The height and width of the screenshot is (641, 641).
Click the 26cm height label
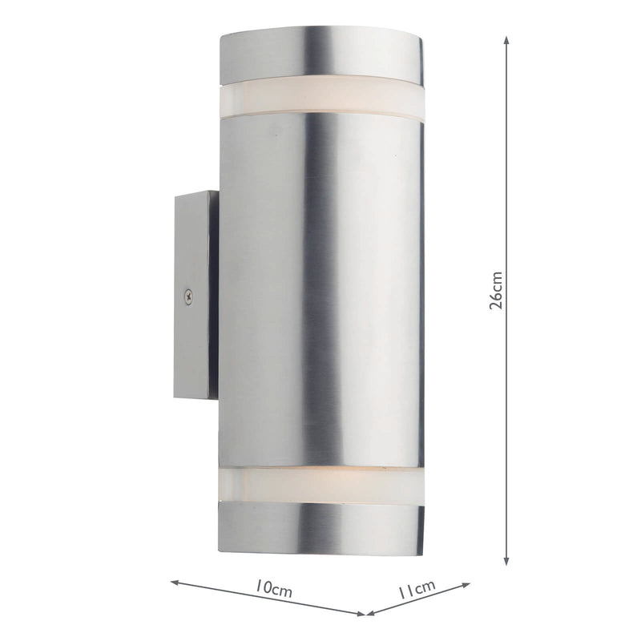[497, 289]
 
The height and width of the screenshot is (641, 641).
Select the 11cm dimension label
[417, 591]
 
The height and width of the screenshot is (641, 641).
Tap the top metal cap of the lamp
[320, 56]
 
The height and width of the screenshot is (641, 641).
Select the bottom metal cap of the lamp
[320, 527]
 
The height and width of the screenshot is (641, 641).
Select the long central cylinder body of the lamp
[320, 288]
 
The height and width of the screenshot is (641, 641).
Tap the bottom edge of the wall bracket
[192, 397]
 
